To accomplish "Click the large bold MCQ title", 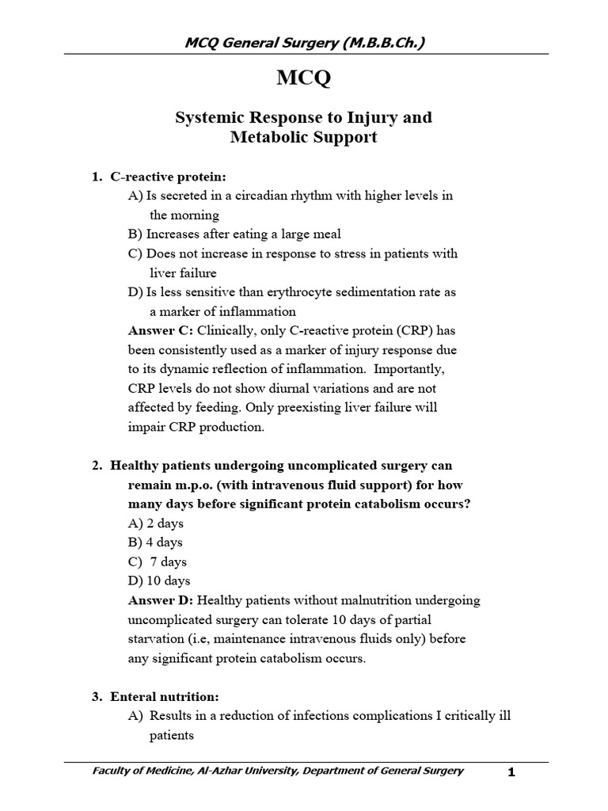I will (303, 79).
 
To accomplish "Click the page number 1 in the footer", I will (511, 774).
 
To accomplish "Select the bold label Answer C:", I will (161, 330).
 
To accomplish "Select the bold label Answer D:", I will (161, 600).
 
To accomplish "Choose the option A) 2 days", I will (155, 524).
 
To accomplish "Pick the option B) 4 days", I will (155, 543).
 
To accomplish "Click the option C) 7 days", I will (157, 562).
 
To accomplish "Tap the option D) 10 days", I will (159, 581).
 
